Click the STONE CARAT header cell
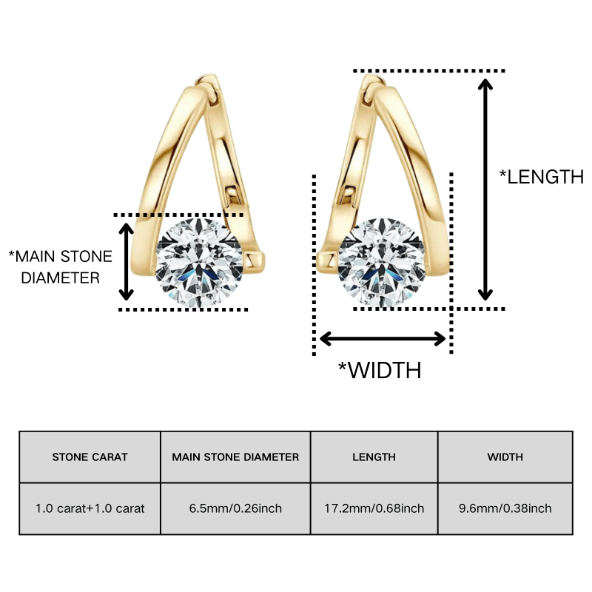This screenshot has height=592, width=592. click(x=90, y=457)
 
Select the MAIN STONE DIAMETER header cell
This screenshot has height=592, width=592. click(x=235, y=457)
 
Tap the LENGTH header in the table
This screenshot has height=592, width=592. click(x=374, y=457)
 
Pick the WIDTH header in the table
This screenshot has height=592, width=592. click(x=505, y=457)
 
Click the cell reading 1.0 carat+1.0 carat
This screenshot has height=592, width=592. click(x=90, y=508)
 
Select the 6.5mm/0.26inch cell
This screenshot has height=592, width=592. click(x=235, y=508)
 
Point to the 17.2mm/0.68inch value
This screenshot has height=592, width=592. click(x=374, y=508)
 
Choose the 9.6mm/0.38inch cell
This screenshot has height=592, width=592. click(x=505, y=508)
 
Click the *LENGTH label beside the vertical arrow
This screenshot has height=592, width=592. click(x=542, y=177)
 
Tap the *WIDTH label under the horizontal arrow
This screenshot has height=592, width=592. click(x=380, y=370)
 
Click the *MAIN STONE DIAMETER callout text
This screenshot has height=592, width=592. click(x=61, y=267)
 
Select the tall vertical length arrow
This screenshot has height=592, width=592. click(x=485, y=189)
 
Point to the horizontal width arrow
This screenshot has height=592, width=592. click(x=383, y=339)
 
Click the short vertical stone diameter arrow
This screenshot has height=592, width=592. click(x=126, y=262)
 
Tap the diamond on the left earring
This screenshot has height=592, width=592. click(x=199, y=263)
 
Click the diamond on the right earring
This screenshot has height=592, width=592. click(x=382, y=263)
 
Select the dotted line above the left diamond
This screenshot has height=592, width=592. click(x=178, y=215)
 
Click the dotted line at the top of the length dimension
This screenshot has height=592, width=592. click(x=429, y=70)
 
